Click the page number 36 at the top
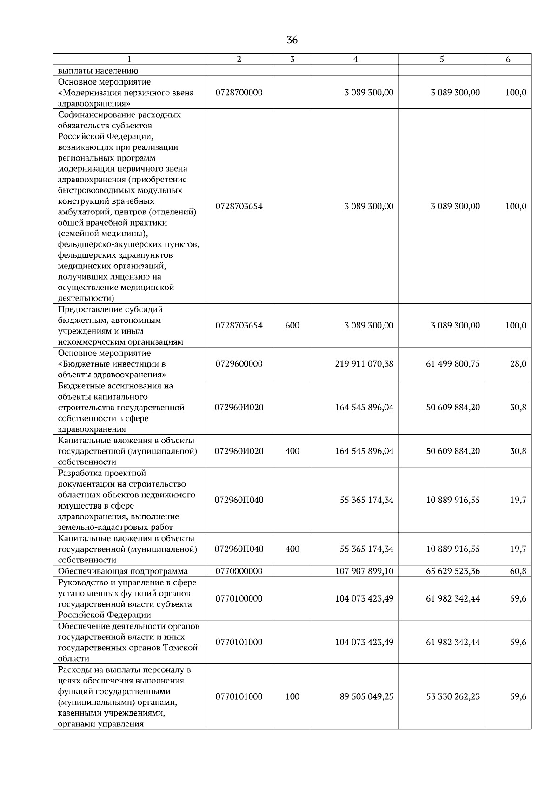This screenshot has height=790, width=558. tap(292, 40)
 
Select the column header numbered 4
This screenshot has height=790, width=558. tap(355, 59)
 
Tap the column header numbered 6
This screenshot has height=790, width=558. tap(508, 59)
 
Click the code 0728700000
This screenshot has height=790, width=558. tap(239, 93)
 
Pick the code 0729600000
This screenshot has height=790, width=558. tap(239, 364)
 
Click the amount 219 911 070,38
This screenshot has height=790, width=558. tap(364, 364)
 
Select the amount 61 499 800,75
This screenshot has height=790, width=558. tap(453, 364)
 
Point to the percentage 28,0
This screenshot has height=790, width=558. tap(518, 364)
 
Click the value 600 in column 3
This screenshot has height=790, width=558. tap(292, 326)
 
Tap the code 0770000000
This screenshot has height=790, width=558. tap(239, 571)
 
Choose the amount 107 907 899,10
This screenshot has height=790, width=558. tap(364, 571)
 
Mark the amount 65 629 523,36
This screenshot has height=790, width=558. tap(453, 571)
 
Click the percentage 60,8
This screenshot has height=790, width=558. tap(518, 571)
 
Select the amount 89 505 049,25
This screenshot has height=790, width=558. tap(366, 697)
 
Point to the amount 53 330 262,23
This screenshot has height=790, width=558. tap(453, 697)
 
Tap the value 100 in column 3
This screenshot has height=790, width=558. tap(292, 697)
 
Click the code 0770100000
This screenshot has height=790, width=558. tap(239, 599)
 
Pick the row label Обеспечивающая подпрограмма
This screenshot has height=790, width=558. tap(123, 571)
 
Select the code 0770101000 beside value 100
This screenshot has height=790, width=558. tap(239, 697)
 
